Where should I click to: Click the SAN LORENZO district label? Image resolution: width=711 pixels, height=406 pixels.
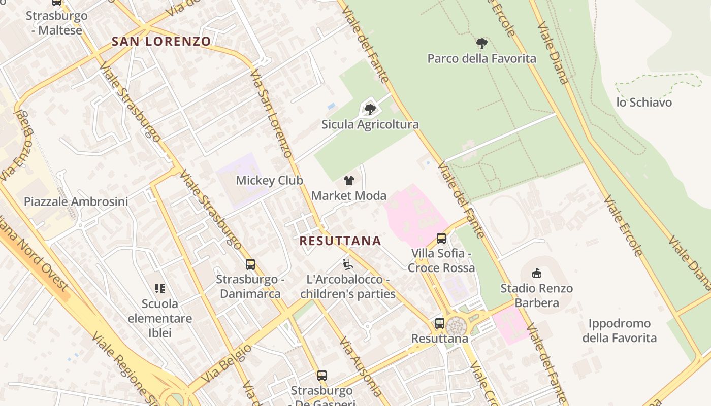161,42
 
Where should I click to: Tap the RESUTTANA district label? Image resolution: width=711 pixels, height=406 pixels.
340,241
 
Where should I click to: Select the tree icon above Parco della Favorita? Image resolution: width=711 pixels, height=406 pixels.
482,44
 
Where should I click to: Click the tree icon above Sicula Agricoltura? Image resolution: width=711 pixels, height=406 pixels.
370,109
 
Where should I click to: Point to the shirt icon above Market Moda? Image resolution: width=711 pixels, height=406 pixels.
349,180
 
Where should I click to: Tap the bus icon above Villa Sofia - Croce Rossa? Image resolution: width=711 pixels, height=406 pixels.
441,238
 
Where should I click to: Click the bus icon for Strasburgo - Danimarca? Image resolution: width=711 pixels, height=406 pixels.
250,264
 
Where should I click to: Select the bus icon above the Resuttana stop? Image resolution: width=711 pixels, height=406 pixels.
440,323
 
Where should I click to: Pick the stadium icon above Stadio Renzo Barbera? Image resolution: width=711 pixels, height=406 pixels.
536,274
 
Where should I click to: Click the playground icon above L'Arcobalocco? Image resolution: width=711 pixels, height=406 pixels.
348,264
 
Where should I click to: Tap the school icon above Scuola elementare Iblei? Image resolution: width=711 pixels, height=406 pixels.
160,289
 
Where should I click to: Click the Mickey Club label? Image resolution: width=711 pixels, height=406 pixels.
269,181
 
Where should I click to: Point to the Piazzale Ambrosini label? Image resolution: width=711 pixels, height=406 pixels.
76,201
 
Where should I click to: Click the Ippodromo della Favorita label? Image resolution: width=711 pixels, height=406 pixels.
619,330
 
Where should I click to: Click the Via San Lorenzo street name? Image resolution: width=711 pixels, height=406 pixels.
271,114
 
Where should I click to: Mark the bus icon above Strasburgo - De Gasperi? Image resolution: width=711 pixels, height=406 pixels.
322,376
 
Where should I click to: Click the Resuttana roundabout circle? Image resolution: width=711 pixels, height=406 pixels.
457,326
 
